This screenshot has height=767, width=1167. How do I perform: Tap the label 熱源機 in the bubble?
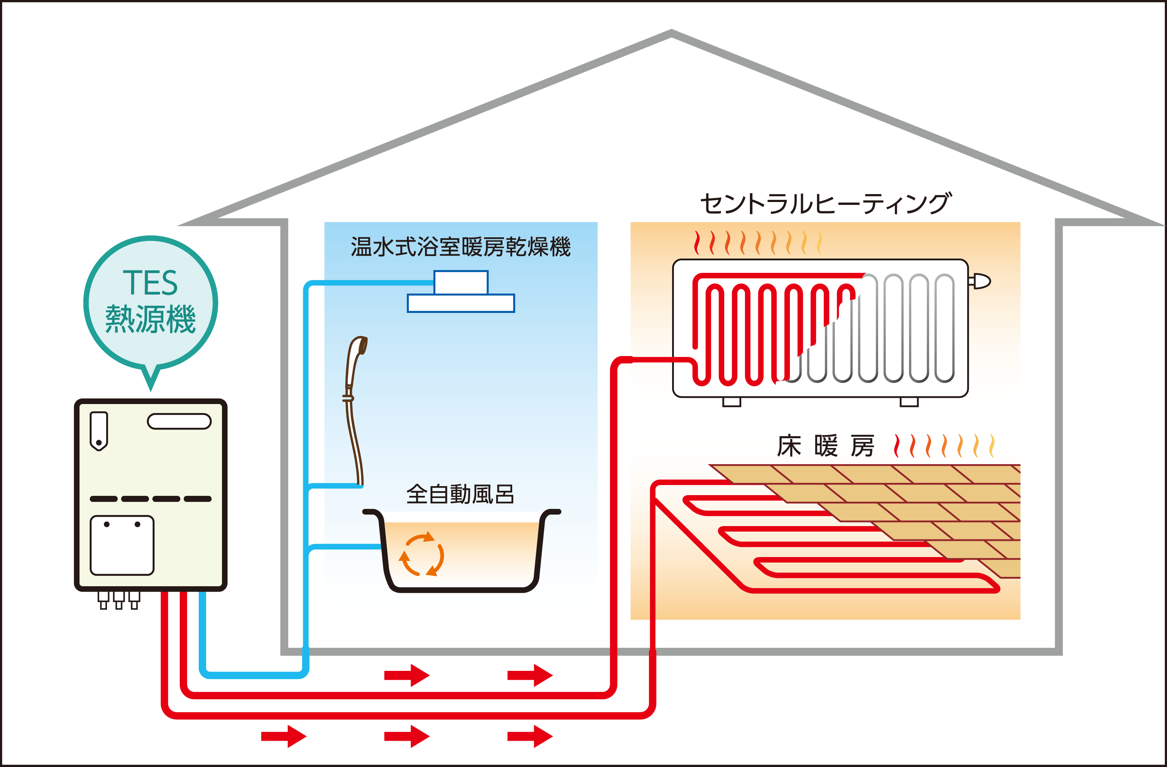[x=151, y=319]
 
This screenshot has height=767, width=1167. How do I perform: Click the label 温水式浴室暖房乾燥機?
[x=460, y=247]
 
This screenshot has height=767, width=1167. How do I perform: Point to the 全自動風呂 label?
[x=460, y=494]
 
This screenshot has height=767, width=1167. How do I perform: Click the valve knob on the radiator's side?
[x=980, y=281]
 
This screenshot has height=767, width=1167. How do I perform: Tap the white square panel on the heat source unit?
[x=122, y=545]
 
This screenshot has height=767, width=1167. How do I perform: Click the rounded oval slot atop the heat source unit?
[x=179, y=421]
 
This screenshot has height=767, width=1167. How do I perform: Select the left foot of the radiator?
[x=732, y=402]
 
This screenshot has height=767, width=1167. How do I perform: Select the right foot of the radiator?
[x=909, y=402]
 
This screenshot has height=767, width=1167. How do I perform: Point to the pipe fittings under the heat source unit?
[x=119, y=600]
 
